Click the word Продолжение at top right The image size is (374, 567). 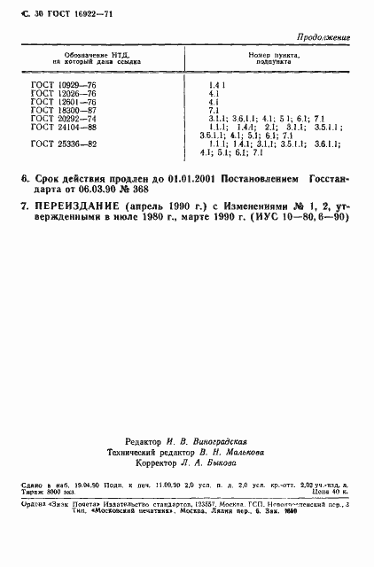324,38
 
